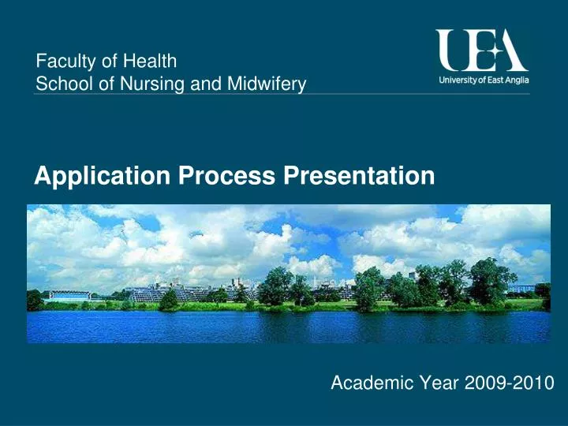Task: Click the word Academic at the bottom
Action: (366, 383)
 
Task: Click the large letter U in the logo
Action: (453, 50)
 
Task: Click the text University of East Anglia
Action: (483, 80)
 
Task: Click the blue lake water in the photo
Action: (284, 327)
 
